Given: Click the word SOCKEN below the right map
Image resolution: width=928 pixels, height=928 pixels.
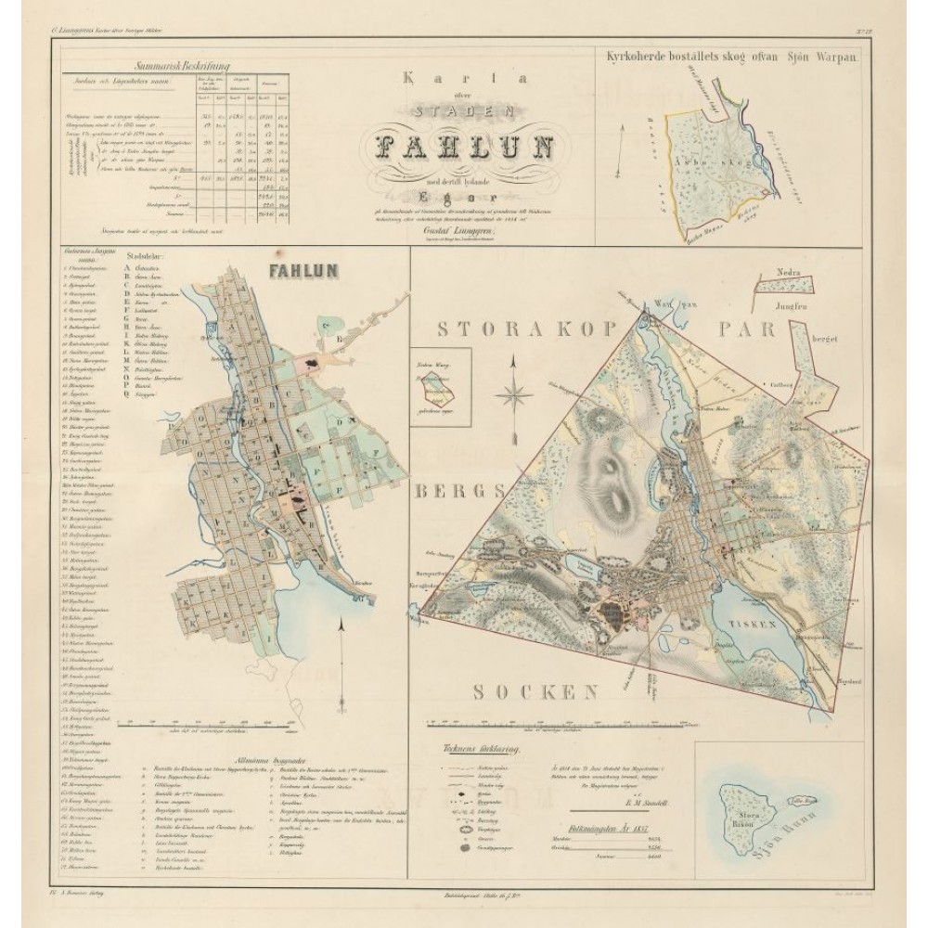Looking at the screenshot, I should [534, 690].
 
